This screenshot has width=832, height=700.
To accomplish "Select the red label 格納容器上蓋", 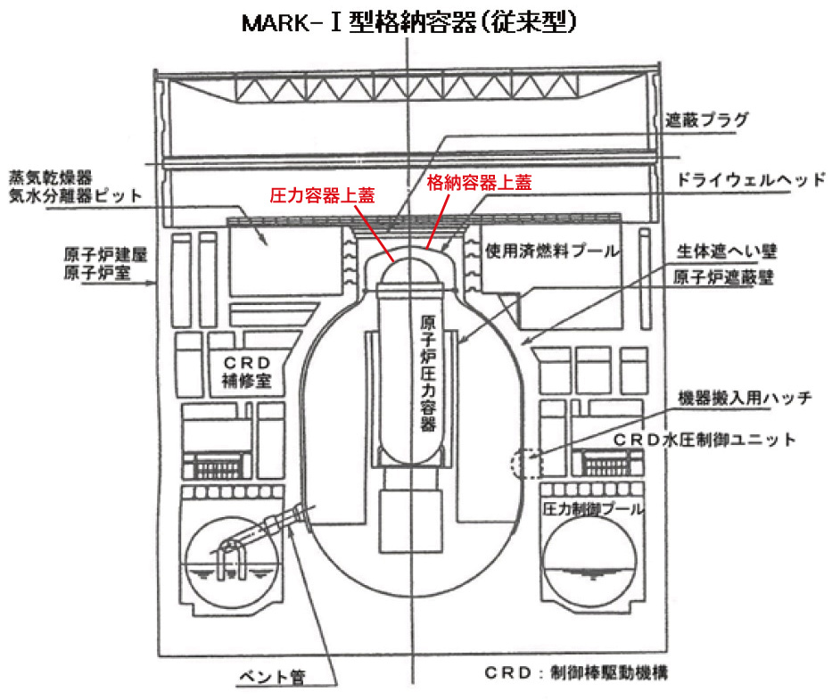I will tap(478, 181).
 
